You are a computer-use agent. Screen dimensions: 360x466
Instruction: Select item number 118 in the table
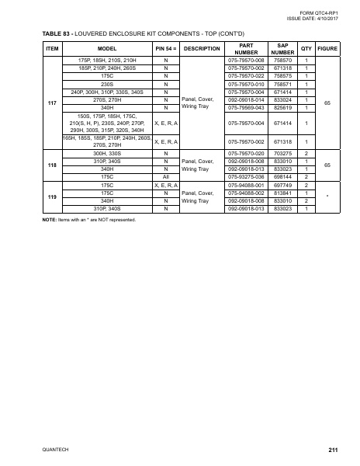click(51, 165)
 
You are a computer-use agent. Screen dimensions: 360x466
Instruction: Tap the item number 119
click(51, 197)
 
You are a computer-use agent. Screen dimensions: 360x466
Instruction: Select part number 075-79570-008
click(246, 60)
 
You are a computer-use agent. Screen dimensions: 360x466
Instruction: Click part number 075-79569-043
click(246, 107)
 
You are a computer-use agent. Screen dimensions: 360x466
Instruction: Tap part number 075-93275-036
click(246, 178)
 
